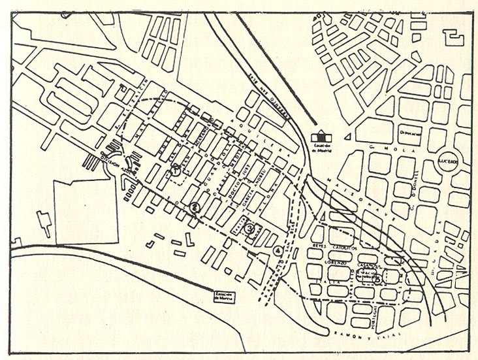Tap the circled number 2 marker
pos(195,208)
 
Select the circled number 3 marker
pos(250,228)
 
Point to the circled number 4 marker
pos(279,250)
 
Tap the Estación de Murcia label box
pos(223,296)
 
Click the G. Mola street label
pos(380,149)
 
